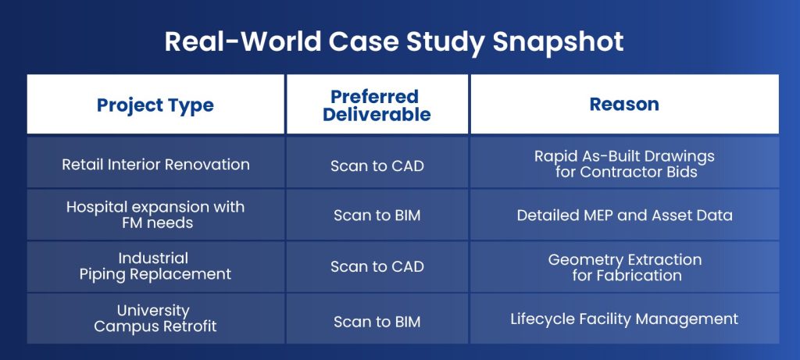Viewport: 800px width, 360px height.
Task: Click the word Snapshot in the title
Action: tap(558, 42)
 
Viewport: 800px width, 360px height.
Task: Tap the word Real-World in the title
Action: tap(242, 42)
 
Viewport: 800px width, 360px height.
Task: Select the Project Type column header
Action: tap(155, 105)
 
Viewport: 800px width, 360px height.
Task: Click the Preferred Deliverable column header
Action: tap(377, 105)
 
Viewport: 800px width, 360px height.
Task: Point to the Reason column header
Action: tap(624, 104)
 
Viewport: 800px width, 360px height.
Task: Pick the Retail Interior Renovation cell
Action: tap(155, 165)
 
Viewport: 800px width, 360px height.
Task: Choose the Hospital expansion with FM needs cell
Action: tap(155, 215)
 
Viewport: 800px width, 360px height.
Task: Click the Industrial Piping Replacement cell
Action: tap(155, 266)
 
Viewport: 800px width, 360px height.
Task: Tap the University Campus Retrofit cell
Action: tap(155, 318)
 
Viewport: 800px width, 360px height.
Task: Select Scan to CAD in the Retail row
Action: tap(377, 166)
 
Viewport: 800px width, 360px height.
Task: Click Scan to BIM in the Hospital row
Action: tap(377, 216)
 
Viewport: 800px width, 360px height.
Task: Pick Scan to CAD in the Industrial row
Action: tap(377, 267)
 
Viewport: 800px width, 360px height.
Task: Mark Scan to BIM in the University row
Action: tap(377, 322)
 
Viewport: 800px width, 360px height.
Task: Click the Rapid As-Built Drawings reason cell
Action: tap(624, 164)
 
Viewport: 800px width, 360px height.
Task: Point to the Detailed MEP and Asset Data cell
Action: tap(624, 216)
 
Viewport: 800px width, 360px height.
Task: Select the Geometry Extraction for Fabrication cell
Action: tap(624, 267)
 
